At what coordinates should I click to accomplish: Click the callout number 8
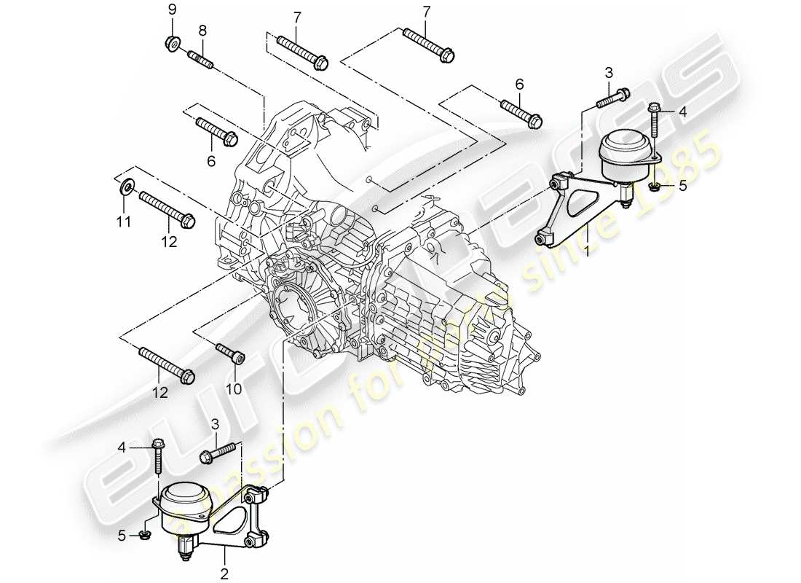(202, 30)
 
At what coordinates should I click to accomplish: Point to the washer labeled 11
(126, 187)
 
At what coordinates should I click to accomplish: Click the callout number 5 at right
(682, 186)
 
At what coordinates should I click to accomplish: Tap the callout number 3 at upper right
(609, 71)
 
